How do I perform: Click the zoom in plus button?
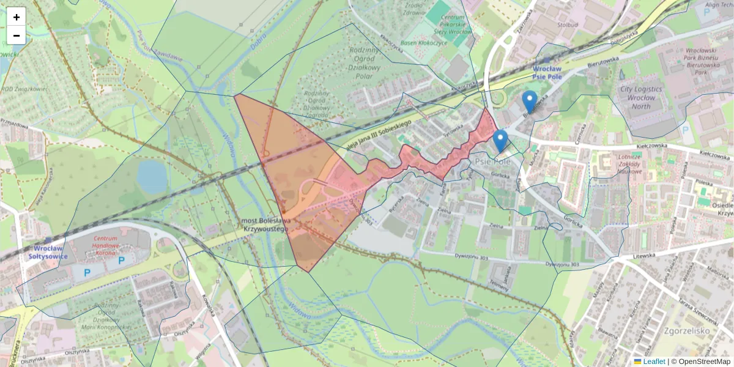coord(17,17)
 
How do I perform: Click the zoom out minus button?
coord(17,35)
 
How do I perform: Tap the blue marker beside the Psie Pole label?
coord(500,141)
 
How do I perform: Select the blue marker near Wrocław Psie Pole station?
coord(530,102)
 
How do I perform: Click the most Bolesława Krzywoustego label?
coord(264,224)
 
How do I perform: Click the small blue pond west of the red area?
coord(152,177)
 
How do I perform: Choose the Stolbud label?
coord(568,26)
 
